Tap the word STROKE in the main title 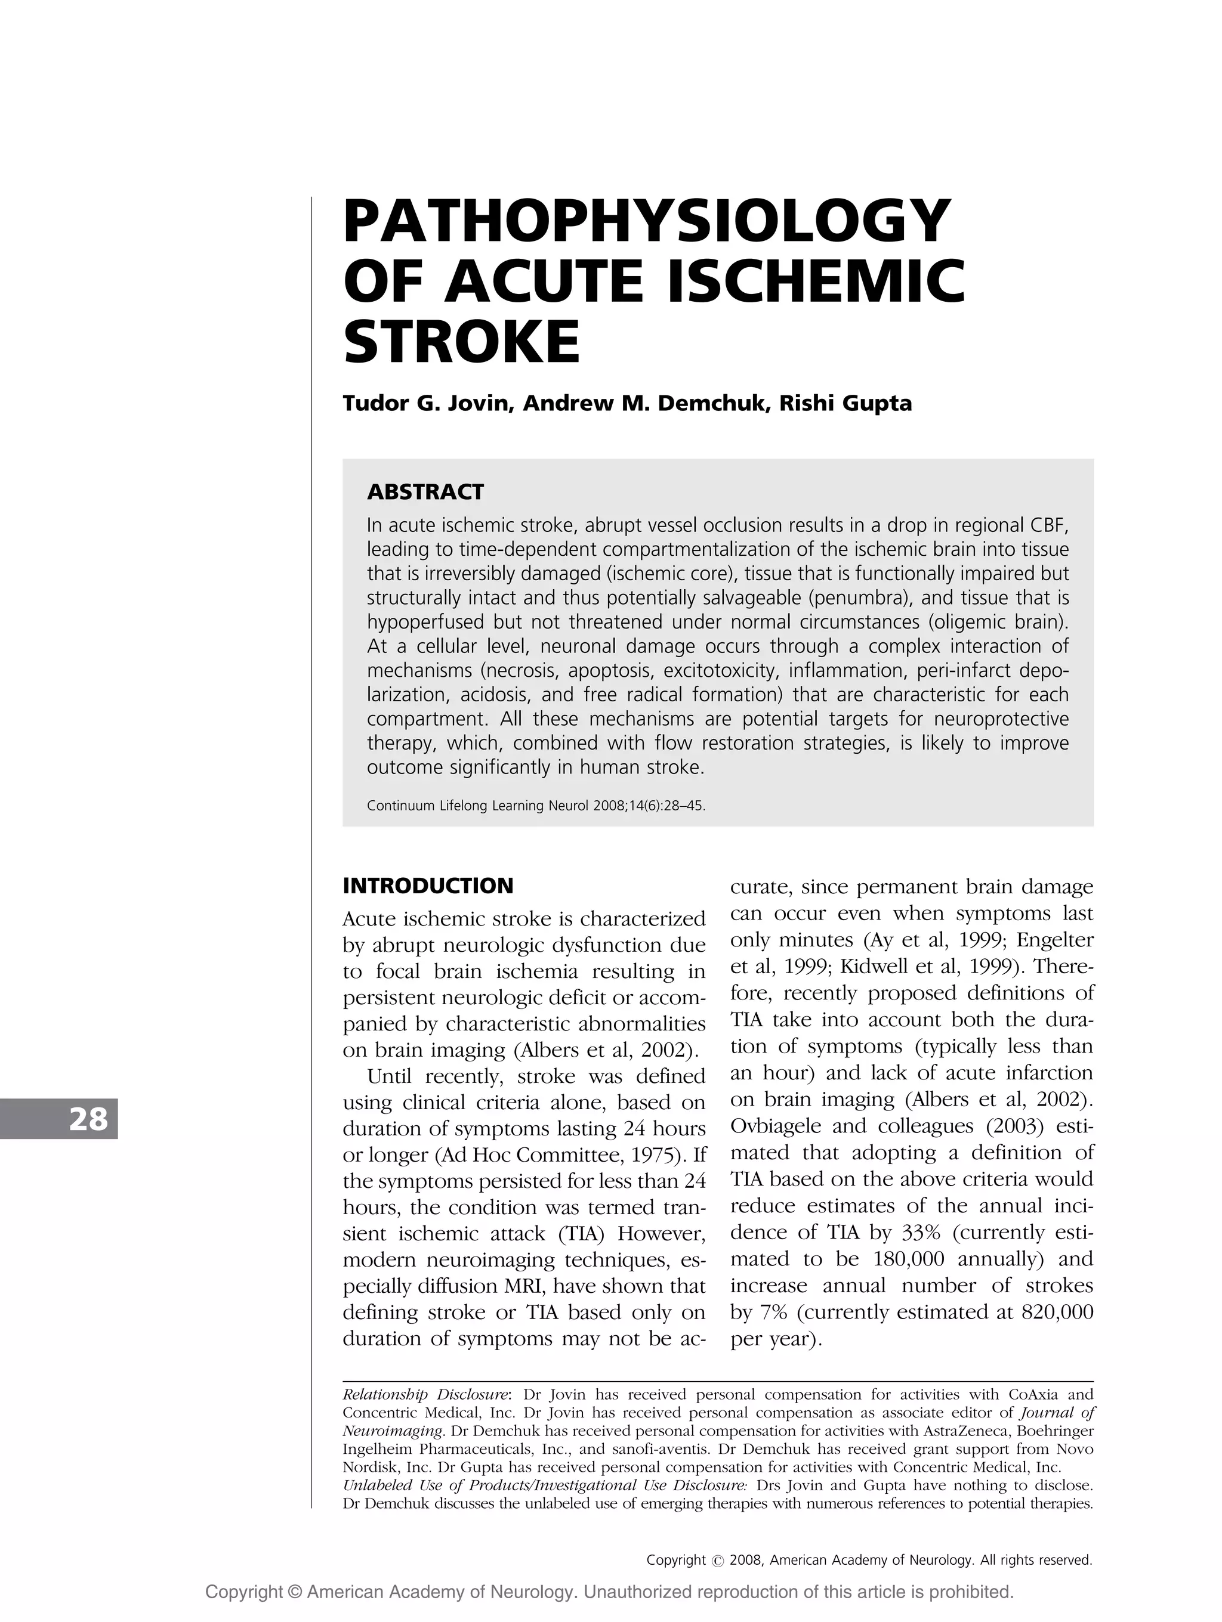[x=461, y=342]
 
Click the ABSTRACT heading [x=425, y=491]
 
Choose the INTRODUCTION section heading [x=428, y=886]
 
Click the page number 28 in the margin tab [x=88, y=1119]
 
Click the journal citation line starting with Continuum [x=535, y=806]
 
